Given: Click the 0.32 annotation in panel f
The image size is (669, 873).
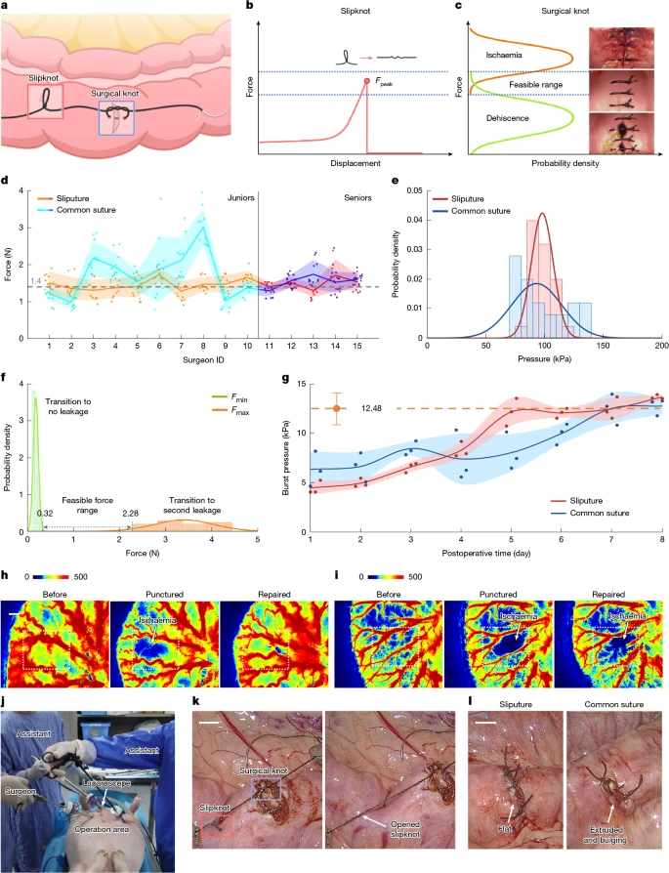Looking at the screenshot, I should coord(44,513).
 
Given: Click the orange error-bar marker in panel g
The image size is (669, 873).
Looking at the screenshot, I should coord(337,408).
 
